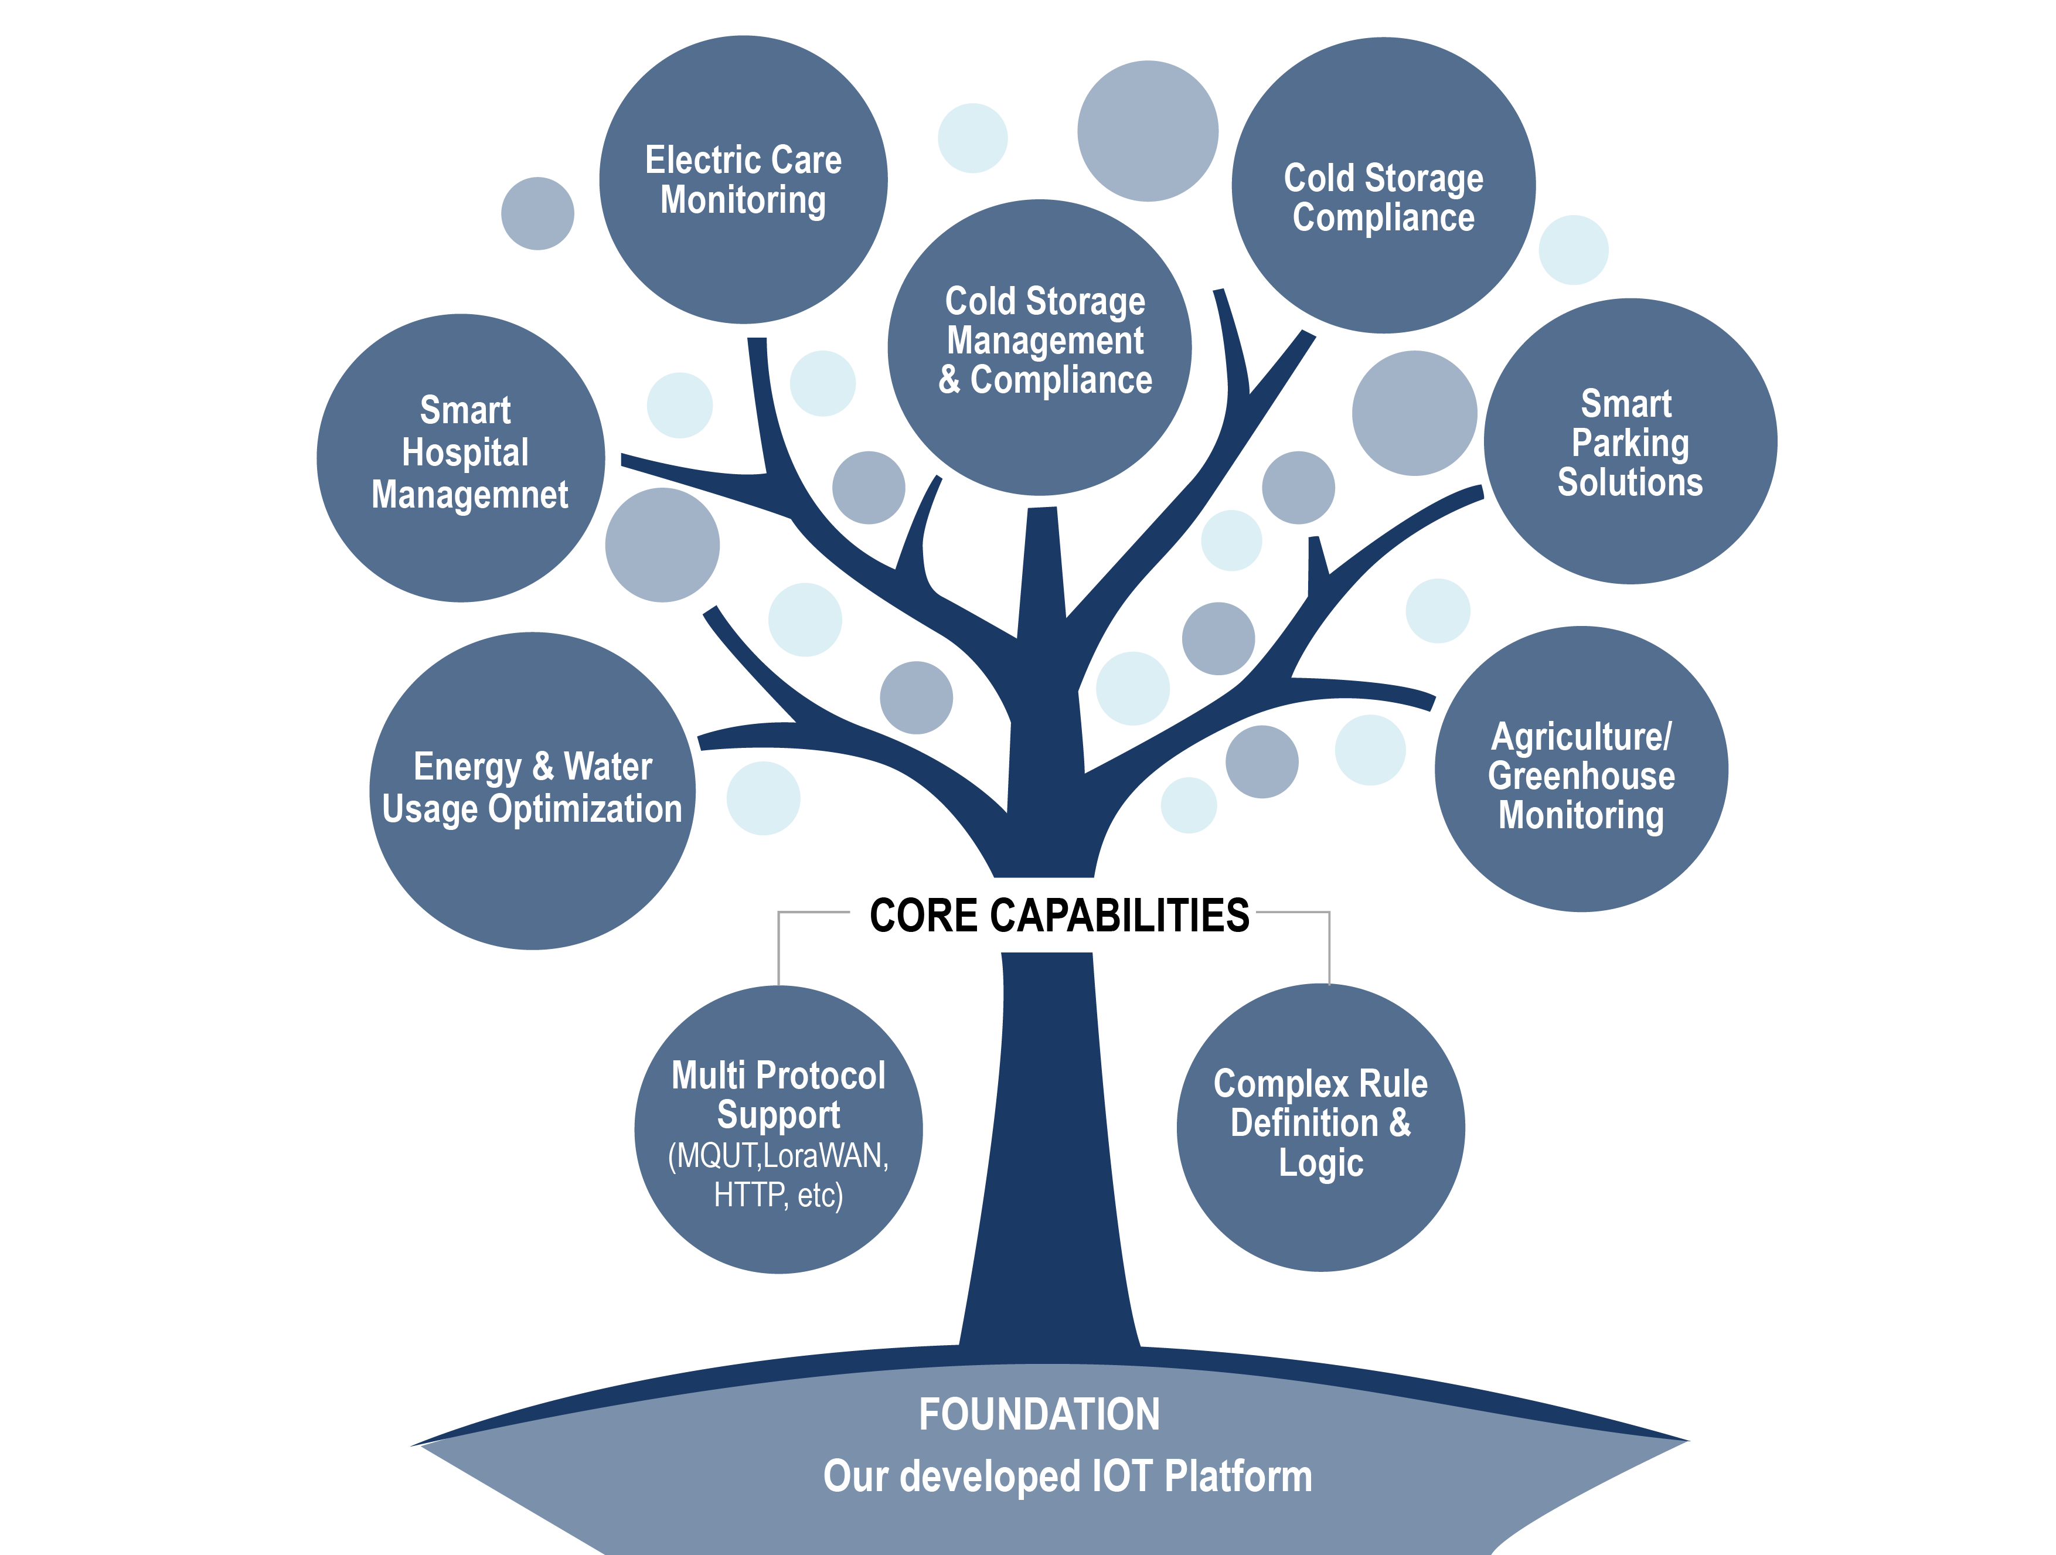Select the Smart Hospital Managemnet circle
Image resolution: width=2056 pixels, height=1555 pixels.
point(461,457)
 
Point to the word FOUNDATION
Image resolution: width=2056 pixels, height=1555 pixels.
point(1039,1415)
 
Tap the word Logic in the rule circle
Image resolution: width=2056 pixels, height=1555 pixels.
point(1321,1163)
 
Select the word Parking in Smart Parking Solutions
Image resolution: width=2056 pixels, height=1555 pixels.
point(1630,443)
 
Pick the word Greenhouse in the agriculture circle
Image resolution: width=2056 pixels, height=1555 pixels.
point(1581,776)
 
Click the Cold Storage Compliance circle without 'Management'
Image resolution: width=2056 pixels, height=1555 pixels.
point(1383,186)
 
